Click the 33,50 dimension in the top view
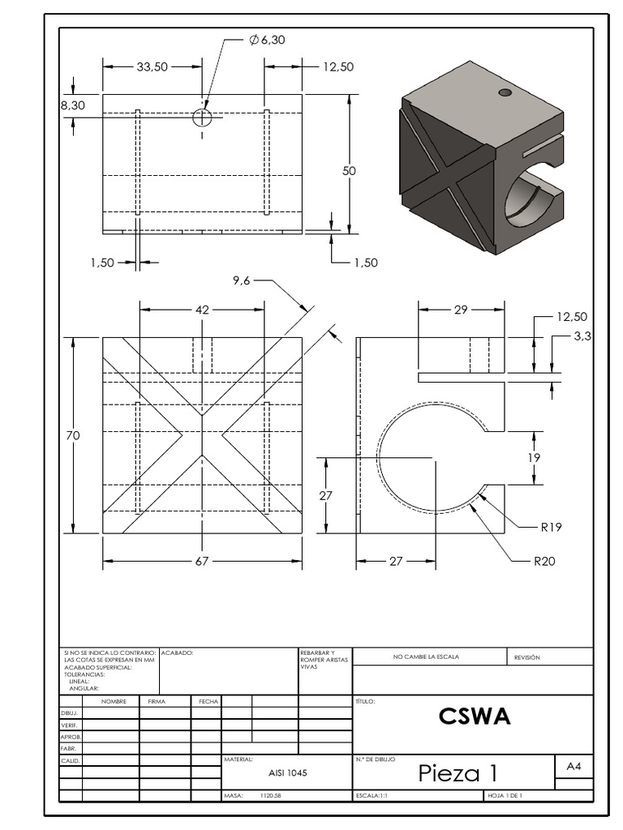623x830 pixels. [x=152, y=67]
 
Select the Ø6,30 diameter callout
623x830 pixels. [x=269, y=39]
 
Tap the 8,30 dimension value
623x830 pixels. [x=72, y=105]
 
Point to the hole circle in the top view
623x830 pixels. [x=202, y=118]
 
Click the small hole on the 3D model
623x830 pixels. [x=505, y=93]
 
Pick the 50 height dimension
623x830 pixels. [x=349, y=171]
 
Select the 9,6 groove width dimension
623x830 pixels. [x=241, y=280]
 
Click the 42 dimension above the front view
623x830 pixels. [x=202, y=309]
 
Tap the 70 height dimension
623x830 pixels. [x=73, y=436]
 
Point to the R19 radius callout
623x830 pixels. [x=551, y=527]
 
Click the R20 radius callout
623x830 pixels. [x=544, y=560]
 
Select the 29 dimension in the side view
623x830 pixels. [x=462, y=309]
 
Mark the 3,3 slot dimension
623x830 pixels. [x=582, y=336]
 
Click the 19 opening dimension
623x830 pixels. [x=534, y=457]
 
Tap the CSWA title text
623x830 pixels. [x=475, y=717]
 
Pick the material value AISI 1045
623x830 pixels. [x=287, y=773]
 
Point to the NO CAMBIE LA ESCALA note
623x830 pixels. [x=426, y=657]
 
